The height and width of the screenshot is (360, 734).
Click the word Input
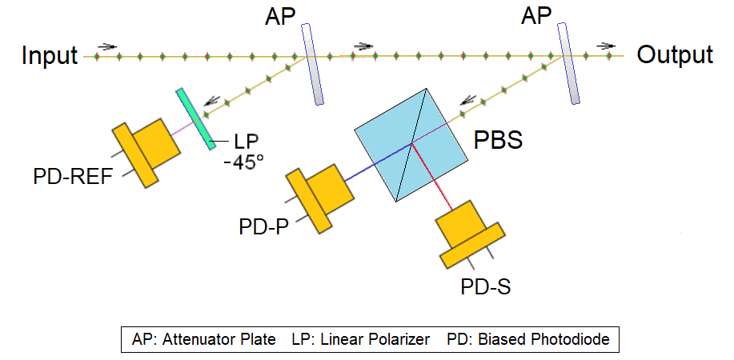tap(49, 56)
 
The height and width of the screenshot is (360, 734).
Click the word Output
tap(674, 55)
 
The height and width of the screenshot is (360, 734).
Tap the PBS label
tap(499, 142)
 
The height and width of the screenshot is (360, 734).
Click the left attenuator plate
tap(312, 64)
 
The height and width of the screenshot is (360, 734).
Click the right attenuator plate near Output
tap(568, 63)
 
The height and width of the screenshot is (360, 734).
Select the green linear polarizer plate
tap(197, 118)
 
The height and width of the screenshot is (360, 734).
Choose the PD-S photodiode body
tap(468, 231)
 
